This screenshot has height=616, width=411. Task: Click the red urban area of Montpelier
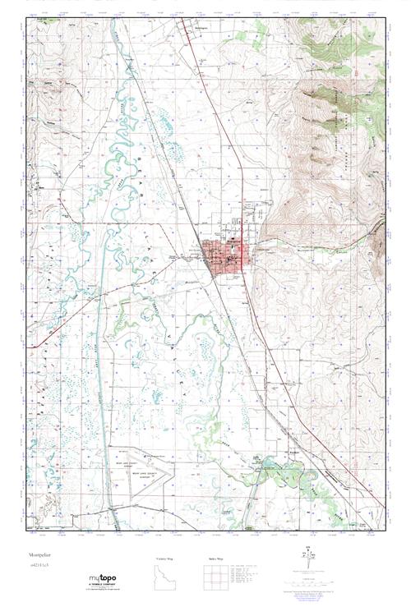coord(224,257)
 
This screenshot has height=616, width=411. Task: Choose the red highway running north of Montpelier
coord(218,123)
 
